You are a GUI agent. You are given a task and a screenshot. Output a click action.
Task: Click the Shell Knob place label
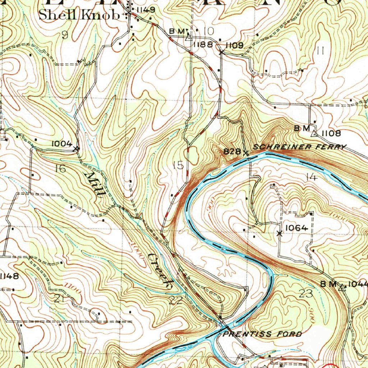click(79, 15)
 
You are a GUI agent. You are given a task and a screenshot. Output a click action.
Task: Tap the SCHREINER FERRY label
click(300, 147)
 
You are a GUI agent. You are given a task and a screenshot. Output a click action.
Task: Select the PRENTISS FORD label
click(263, 334)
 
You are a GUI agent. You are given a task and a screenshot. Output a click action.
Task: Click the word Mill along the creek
click(95, 184)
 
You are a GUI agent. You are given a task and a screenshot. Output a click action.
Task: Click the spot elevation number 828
click(232, 151)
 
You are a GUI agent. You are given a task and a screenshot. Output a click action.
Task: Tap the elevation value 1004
click(62, 143)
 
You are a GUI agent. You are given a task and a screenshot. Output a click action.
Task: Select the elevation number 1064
click(296, 227)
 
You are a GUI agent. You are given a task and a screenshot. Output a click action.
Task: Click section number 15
click(178, 165)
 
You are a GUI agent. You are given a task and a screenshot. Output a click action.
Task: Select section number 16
click(61, 168)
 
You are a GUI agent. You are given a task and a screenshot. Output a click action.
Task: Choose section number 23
click(306, 293)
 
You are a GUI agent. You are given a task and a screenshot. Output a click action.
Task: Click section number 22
click(176, 300)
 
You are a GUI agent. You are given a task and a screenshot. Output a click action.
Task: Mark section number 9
click(65, 35)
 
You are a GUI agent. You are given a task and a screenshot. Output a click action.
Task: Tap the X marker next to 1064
click(280, 233)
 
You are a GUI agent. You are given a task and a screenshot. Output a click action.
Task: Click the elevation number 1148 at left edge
click(9, 276)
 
